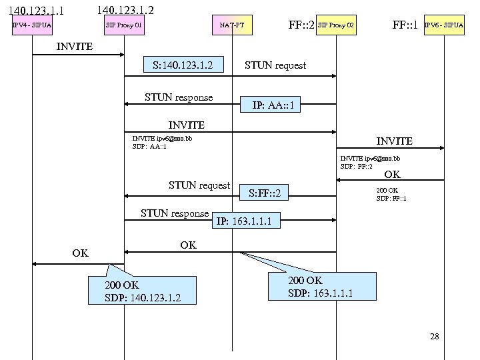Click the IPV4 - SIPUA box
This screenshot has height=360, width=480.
click(x=32, y=26)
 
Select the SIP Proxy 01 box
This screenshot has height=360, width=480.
click(x=124, y=26)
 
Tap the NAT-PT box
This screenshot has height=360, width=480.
click(x=232, y=26)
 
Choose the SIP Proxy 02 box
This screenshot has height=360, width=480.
click(x=336, y=26)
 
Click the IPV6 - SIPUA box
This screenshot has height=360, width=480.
click(x=444, y=26)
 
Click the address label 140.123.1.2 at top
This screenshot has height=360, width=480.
click(x=125, y=10)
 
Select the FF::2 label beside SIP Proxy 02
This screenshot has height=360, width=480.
click(x=301, y=25)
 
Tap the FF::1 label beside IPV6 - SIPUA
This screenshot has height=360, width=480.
click(x=405, y=25)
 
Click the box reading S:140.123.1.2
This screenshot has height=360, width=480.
click(x=183, y=65)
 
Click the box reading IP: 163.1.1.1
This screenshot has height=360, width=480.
click(x=244, y=221)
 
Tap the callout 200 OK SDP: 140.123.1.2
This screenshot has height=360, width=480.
click(x=142, y=291)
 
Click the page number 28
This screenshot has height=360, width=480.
click(x=435, y=336)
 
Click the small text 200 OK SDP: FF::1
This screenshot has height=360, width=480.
click(x=391, y=194)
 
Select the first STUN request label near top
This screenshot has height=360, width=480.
click(x=275, y=65)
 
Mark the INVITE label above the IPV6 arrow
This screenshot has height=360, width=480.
click(x=394, y=141)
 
